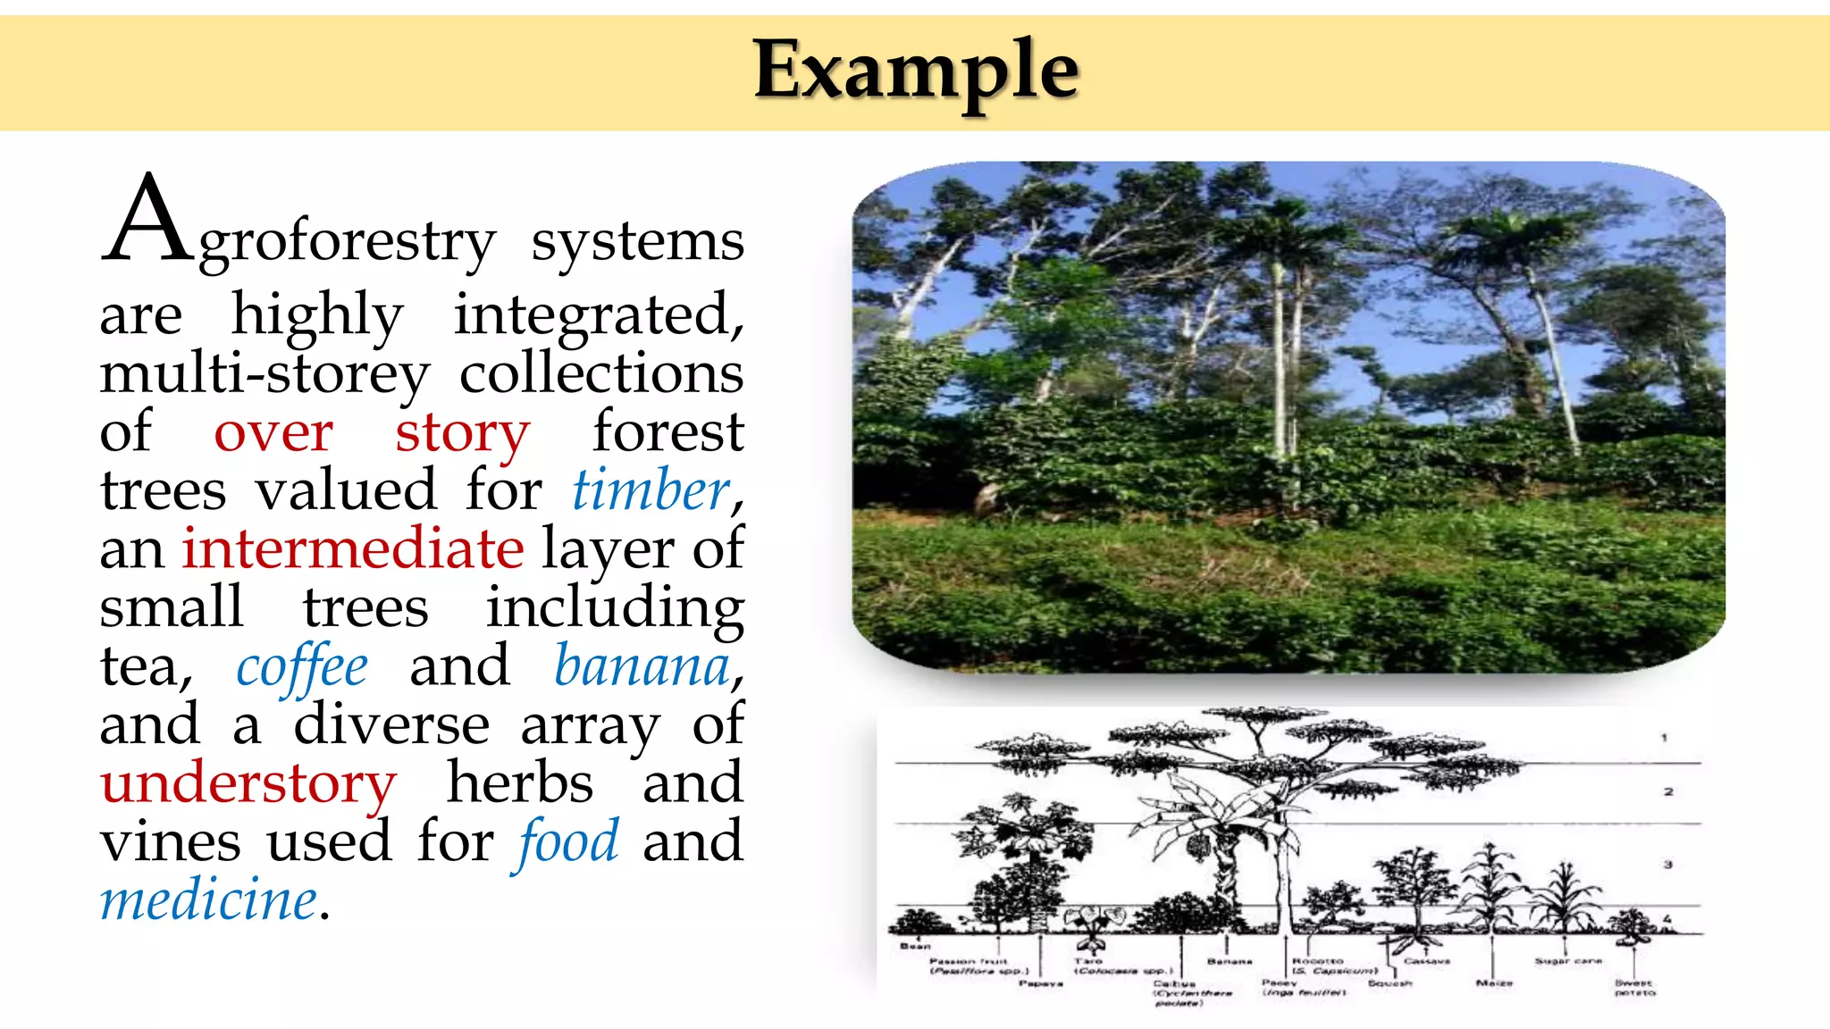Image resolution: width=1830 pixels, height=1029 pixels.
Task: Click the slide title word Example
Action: click(x=916, y=71)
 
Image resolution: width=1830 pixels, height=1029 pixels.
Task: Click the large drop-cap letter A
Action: click(x=146, y=220)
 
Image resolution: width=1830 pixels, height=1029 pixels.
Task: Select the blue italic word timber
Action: click(x=651, y=490)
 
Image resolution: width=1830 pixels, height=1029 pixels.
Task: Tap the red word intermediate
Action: click(x=353, y=548)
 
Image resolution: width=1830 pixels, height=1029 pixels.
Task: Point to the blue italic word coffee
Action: click(x=301, y=667)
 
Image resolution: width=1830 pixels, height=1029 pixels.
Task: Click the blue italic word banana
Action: click(x=642, y=667)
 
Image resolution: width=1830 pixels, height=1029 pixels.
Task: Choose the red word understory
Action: click(x=248, y=784)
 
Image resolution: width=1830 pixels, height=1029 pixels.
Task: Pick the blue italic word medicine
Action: click(x=209, y=900)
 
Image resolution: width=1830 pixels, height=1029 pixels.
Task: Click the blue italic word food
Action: click(x=567, y=842)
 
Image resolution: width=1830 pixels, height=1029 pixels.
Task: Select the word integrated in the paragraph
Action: click(x=596, y=315)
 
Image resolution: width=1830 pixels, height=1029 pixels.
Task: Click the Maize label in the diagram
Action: click(x=1494, y=983)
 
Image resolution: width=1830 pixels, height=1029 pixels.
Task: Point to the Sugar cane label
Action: click(x=1568, y=961)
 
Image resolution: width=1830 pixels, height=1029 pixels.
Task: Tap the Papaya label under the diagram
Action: click(x=1041, y=983)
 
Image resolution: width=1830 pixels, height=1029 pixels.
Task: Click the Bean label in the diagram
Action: click(x=915, y=946)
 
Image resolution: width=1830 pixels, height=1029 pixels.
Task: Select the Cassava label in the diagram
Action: click(x=1426, y=961)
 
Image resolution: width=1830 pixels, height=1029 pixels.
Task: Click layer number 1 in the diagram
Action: click(x=1664, y=738)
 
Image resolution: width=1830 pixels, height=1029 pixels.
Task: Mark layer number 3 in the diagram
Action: click(x=1667, y=865)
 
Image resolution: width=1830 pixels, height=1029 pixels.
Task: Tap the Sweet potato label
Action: click(x=1634, y=988)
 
